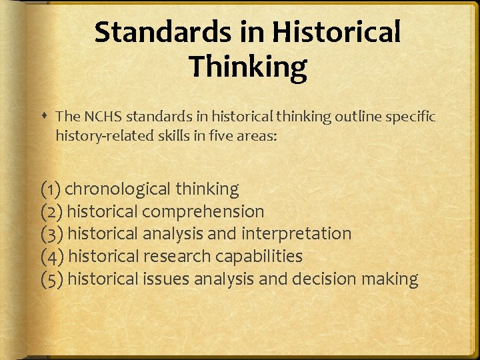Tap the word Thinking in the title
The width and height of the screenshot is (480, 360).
247,67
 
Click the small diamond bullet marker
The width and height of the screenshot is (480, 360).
43,117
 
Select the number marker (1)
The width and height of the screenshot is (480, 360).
51,189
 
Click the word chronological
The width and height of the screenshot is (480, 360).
118,189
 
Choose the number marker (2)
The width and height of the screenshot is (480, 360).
52,212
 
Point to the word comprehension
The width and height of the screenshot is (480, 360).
203,212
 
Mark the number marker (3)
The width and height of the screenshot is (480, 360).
52,234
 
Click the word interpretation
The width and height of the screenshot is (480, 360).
296,234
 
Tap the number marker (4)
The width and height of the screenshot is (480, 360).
52,257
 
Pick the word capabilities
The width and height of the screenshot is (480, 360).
261,257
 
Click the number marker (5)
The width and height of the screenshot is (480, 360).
52,279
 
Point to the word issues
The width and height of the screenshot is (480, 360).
166,279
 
